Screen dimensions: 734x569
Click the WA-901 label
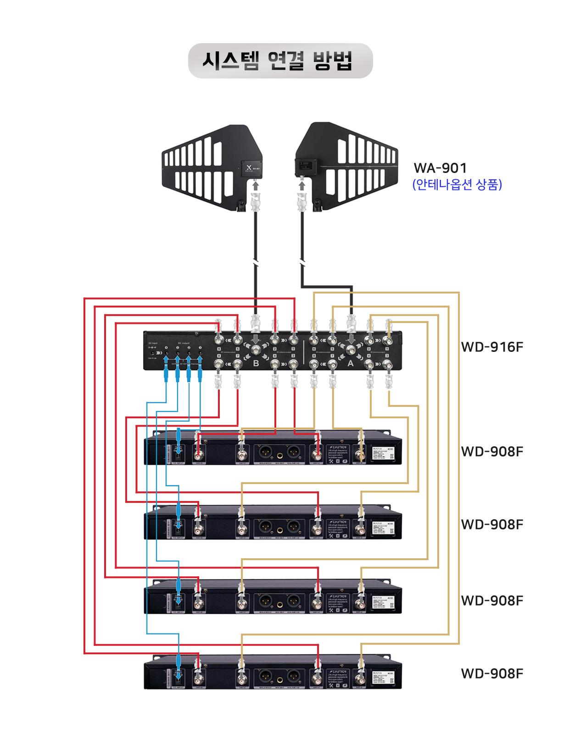coord(440,168)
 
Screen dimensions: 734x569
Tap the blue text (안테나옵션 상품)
coord(457,184)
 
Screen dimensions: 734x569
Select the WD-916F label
coord(492,347)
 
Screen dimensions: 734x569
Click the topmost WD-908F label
coord(492,451)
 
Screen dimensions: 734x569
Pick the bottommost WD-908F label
coord(492,673)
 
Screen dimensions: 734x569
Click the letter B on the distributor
coord(256,363)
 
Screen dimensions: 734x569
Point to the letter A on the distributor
coord(351,363)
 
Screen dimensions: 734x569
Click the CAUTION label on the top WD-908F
coord(339,447)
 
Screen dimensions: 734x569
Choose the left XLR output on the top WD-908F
coord(265,452)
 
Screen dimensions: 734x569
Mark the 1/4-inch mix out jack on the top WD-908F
coord(279,456)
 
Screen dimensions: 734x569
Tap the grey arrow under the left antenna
coord(256,185)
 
